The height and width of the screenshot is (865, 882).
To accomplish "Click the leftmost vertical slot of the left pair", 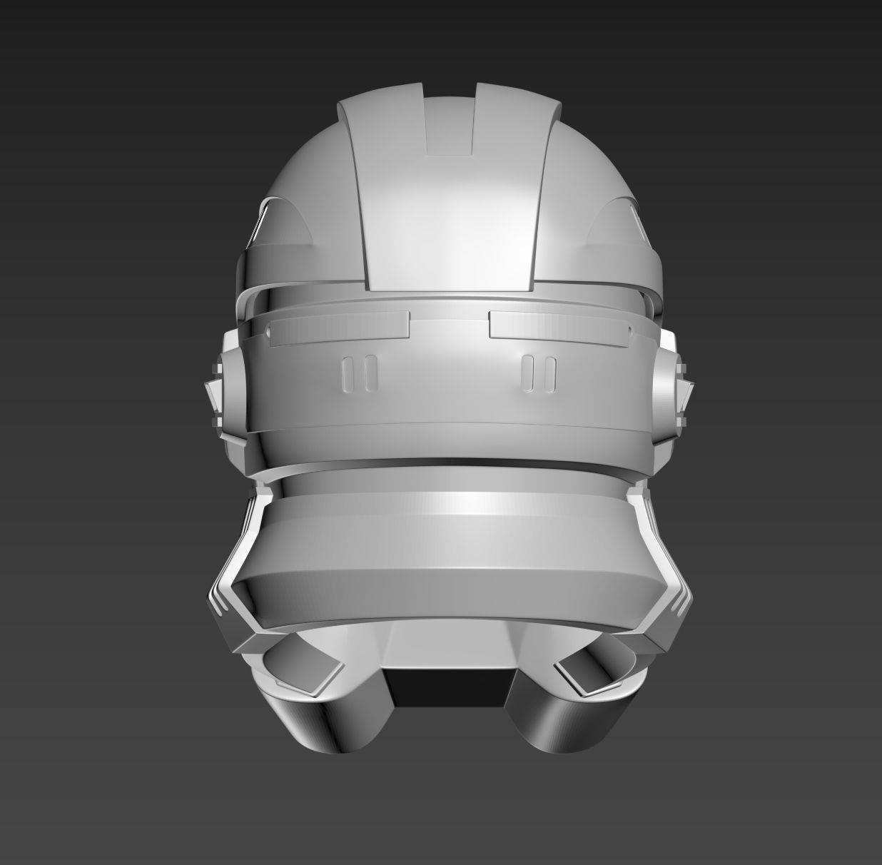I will point(347,374).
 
